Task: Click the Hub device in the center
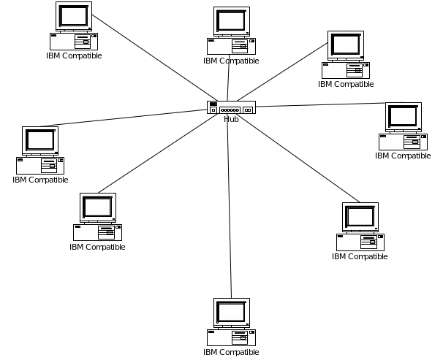point(231,108)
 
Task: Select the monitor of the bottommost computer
point(231,312)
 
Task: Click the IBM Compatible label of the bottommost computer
point(232,352)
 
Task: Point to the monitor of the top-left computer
point(75,16)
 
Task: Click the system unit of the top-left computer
point(74,40)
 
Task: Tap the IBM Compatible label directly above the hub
point(232,61)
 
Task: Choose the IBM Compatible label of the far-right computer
point(404,156)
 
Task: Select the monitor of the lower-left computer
point(98,207)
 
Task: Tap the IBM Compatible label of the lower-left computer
point(98,247)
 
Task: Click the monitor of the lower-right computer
point(360,216)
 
